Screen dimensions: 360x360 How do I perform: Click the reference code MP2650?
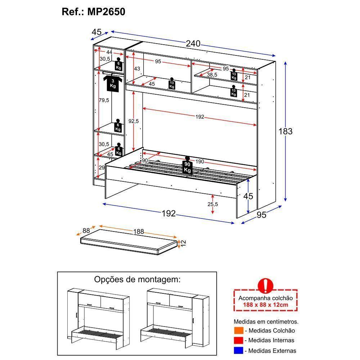[106, 12]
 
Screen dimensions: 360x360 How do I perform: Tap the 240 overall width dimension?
[193, 44]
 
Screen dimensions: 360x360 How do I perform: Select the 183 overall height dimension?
[285, 131]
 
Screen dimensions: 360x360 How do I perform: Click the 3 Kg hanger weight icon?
[113, 83]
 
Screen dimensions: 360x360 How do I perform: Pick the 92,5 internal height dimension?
[133, 121]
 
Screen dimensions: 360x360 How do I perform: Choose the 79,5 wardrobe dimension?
[104, 100]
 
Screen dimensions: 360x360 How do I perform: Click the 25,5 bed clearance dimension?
[213, 204]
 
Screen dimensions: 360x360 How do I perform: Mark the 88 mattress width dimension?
[86, 231]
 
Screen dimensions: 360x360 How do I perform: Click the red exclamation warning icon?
[266, 285]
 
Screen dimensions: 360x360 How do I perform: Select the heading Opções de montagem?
[137, 279]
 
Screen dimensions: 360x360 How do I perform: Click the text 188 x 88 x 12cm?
[266, 305]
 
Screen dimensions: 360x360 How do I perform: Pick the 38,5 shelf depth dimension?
[212, 75]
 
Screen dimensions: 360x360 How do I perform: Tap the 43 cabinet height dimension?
[137, 69]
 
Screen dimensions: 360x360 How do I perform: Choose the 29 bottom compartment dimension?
[101, 168]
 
